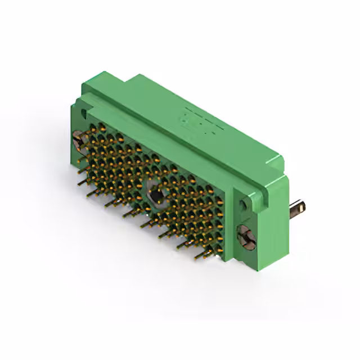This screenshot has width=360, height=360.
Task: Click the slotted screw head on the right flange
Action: click(246, 235)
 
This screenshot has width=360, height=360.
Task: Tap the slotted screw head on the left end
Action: click(78, 141)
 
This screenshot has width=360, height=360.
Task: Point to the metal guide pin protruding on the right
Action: click(298, 210)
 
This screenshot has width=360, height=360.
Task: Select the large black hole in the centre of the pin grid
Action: click(155, 194)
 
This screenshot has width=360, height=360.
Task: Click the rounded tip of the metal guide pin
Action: click(305, 208)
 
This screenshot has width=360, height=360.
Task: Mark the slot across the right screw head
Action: click(246, 235)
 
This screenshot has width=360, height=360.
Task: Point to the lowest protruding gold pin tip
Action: click(197, 258)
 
